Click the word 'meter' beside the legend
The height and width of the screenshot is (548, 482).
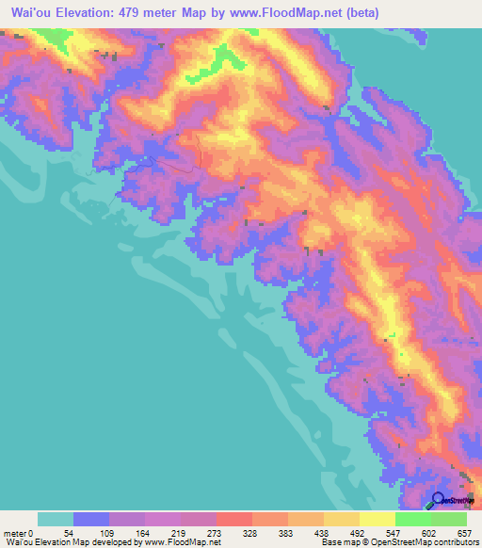pos(14,534)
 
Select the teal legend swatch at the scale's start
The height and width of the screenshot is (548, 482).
pos(56,519)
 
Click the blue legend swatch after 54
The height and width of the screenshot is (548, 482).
pos(91,519)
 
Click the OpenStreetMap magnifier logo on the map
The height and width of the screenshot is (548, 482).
pos(439,499)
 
